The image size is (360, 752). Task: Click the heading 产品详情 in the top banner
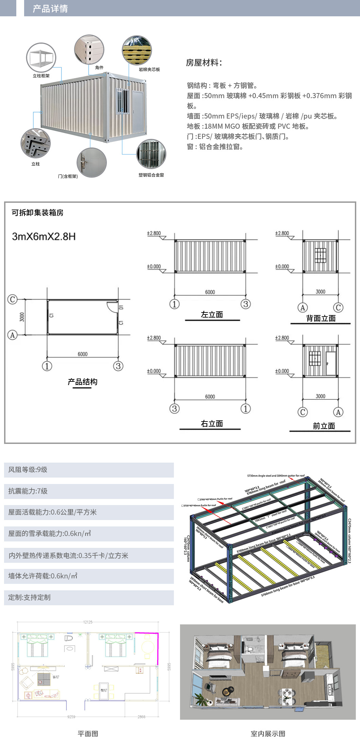(50, 8)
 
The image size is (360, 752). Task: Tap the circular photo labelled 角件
(89, 50)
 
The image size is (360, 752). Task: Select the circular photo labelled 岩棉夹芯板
(137, 50)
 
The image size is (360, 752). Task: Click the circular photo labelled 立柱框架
(41, 57)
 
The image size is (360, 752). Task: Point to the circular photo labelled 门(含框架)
(92, 162)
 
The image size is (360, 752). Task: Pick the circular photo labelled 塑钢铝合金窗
(151, 154)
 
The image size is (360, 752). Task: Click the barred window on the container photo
(123, 101)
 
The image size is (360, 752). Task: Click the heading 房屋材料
(204, 62)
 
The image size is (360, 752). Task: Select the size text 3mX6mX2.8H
(44, 236)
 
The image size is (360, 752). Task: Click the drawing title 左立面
(212, 315)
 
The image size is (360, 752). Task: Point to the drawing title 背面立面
(321, 318)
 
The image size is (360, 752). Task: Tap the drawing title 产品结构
(83, 382)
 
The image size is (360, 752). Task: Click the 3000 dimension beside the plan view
(22, 317)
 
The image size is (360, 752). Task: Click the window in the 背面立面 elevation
(320, 255)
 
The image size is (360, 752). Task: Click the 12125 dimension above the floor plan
(88, 622)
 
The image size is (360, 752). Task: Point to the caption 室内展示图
(268, 734)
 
